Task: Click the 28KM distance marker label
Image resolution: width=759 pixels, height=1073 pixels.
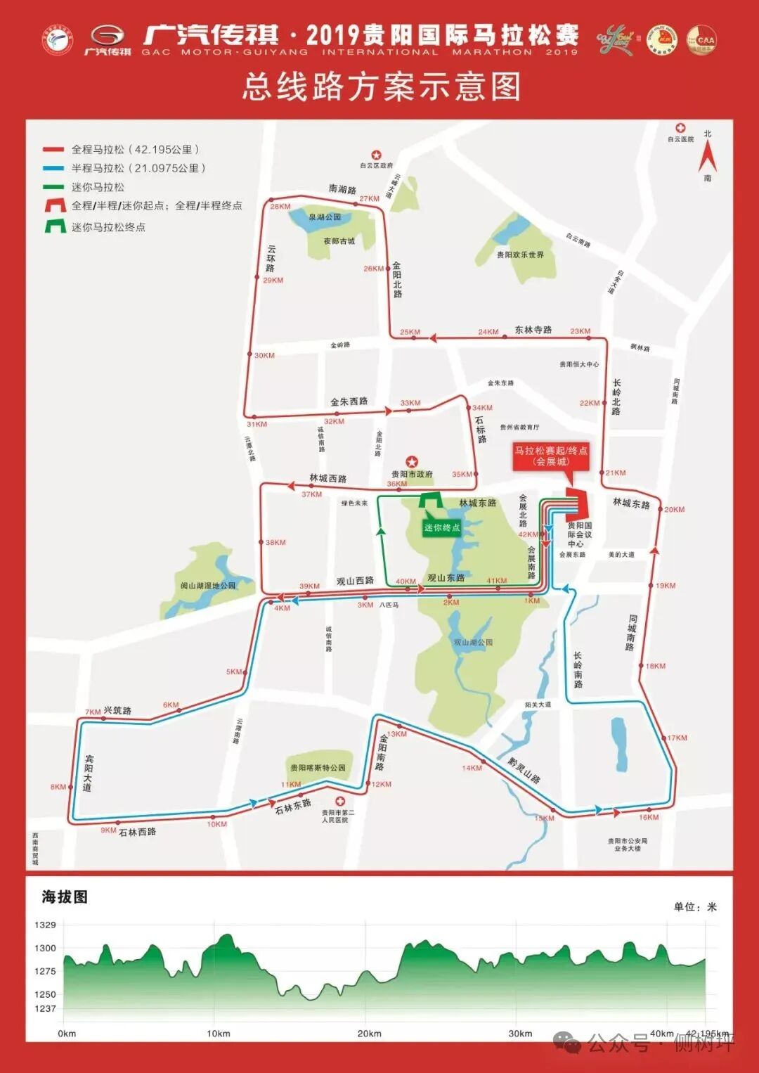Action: (280, 207)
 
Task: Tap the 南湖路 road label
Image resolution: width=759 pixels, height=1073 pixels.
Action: (342, 189)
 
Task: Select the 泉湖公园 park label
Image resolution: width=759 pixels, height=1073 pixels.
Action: (325, 217)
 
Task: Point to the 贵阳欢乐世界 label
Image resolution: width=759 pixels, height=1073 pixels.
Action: (520, 255)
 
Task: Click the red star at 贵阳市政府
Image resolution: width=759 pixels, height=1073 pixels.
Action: (412, 462)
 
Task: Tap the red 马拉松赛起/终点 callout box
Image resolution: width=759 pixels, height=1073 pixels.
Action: (551, 456)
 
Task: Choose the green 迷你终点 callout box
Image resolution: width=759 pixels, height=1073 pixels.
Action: (441, 527)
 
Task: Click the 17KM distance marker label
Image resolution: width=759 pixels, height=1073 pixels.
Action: (677, 738)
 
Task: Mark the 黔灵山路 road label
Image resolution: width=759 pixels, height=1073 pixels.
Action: (524, 770)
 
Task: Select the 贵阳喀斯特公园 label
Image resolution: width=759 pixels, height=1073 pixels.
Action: (318, 768)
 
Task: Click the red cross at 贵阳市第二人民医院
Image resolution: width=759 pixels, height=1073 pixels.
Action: (340, 802)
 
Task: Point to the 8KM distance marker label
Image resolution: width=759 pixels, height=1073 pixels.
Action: (58, 787)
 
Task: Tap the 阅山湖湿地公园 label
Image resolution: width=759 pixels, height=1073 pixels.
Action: (208, 585)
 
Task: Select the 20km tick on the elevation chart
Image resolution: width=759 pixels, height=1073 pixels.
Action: (369, 1034)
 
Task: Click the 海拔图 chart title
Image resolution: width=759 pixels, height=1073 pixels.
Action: (65, 897)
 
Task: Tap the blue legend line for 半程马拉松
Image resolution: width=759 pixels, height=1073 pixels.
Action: (53, 168)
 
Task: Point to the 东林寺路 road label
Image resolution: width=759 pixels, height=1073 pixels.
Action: (533, 330)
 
